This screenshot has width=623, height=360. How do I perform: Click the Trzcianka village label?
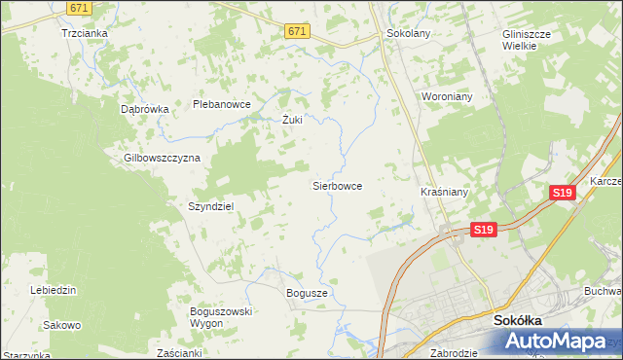point(84,32)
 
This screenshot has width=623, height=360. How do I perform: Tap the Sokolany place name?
point(408,32)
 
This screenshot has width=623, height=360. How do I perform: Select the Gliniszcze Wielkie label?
point(527,39)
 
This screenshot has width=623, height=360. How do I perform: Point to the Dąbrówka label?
point(145,109)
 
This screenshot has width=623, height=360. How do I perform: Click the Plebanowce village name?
point(222,104)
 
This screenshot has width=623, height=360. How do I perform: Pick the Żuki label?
point(292,121)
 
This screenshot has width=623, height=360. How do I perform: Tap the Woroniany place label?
point(446,97)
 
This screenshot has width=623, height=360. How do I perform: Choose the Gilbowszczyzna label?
point(162,158)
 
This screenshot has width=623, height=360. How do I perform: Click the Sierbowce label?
point(337,184)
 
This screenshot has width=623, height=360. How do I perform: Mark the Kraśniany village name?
point(444,193)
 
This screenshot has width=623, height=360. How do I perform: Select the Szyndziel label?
point(211,206)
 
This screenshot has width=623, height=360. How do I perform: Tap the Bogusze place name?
point(307,292)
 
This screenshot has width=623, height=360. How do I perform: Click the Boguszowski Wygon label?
point(221,316)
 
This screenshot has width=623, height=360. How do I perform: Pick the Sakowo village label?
point(61,325)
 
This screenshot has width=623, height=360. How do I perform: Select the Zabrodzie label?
point(453,353)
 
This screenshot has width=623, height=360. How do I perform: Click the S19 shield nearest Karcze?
point(562,194)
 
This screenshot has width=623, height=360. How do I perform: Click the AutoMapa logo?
point(560,341)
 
